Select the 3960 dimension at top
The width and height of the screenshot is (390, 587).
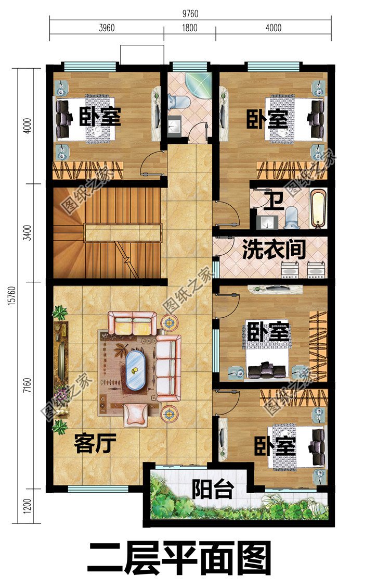pyautogui.click(x=106, y=28)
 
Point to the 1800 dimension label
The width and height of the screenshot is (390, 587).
pyautogui.click(x=190, y=28)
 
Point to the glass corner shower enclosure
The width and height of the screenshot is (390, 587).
pyautogui.click(x=200, y=83)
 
